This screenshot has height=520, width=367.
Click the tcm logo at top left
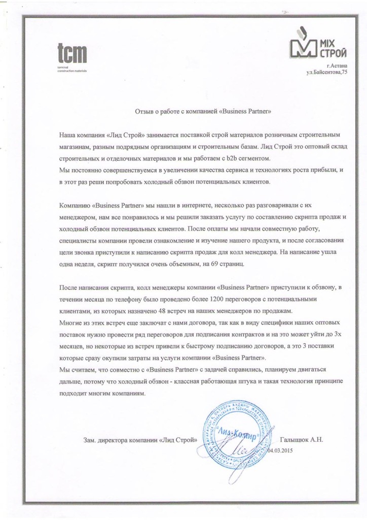tap(71, 53)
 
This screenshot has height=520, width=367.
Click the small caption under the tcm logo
tap(71, 69)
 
